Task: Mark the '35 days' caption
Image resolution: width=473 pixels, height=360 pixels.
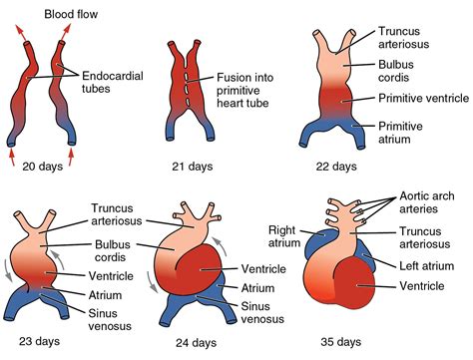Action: point(342,341)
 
